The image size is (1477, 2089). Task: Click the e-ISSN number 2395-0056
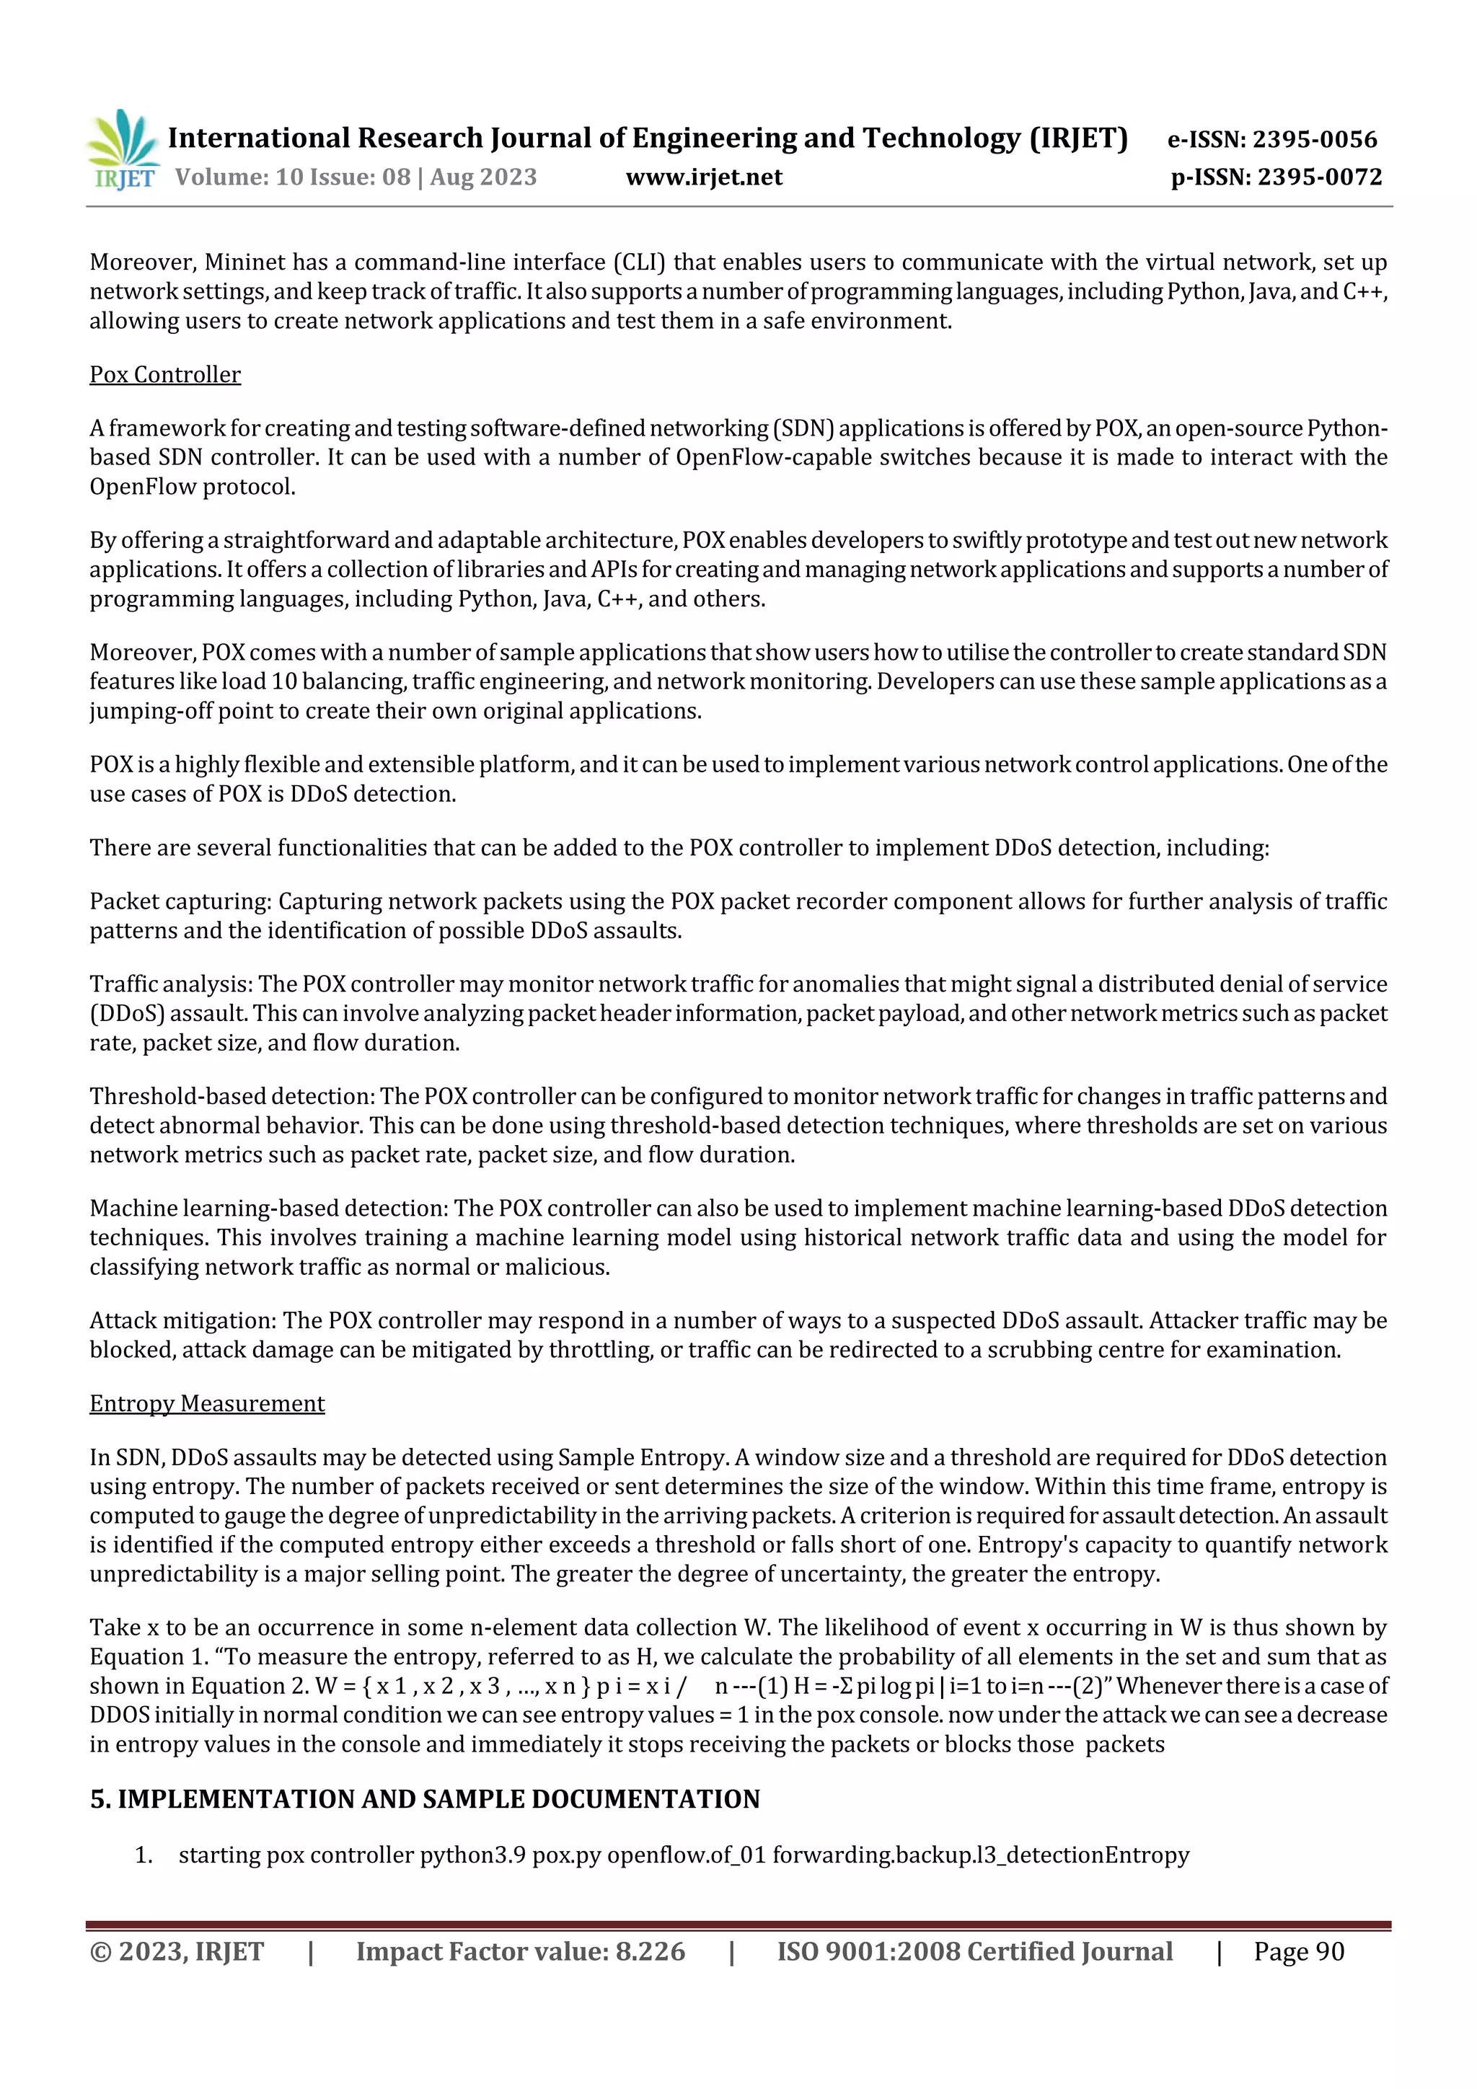click(x=1315, y=139)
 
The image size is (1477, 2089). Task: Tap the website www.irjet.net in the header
click(x=703, y=177)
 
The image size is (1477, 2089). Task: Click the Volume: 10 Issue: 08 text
click(x=291, y=177)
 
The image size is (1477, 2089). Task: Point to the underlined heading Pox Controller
click(x=164, y=374)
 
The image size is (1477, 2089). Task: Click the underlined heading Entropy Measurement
click(x=206, y=1403)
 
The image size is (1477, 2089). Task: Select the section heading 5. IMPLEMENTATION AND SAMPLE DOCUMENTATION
click(x=424, y=1798)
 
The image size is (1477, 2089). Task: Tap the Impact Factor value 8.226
click(x=650, y=1951)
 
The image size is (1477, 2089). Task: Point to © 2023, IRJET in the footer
click(x=177, y=1951)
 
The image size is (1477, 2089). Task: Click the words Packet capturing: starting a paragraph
click(x=180, y=901)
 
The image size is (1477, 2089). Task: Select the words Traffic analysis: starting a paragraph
click(x=171, y=984)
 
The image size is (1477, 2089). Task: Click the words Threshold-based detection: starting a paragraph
click(x=232, y=1095)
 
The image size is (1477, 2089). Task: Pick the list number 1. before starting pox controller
click(x=143, y=1854)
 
